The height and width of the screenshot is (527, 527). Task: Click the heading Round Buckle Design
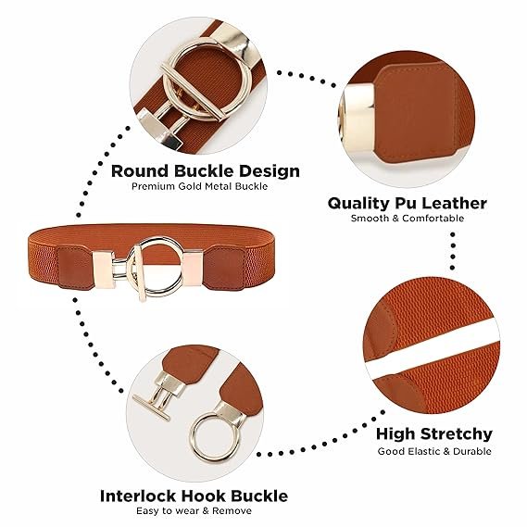click(x=205, y=171)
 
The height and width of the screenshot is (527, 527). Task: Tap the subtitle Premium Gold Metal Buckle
click(x=200, y=186)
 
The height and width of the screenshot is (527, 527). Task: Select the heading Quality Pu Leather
click(x=407, y=204)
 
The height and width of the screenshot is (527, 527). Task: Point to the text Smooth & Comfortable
click(x=408, y=219)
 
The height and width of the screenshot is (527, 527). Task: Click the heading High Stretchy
click(x=433, y=434)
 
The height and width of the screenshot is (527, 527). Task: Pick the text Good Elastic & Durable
click(x=434, y=451)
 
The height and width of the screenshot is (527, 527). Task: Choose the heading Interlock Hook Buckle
click(x=194, y=496)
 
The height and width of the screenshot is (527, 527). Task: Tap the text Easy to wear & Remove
click(x=194, y=511)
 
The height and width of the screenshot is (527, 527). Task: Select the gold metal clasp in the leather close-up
click(x=357, y=119)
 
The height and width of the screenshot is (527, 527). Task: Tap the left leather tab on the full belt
click(x=75, y=267)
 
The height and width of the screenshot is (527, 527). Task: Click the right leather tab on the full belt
click(x=224, y=269)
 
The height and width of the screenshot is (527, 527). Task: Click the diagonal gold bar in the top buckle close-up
click(x=193, y=92)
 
